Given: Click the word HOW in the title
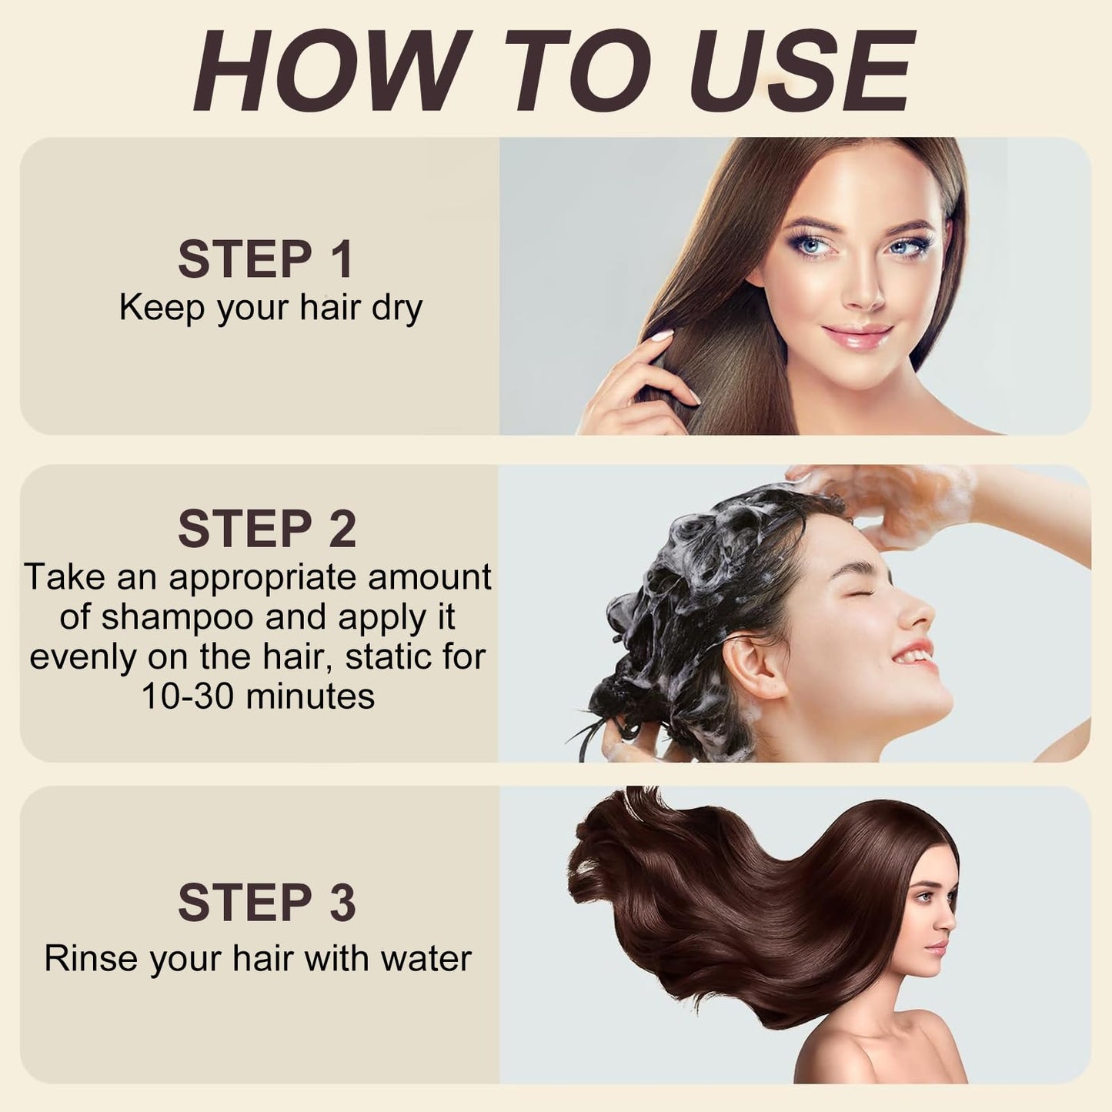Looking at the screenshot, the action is (329, 70).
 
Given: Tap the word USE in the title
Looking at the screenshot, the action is (803, 70).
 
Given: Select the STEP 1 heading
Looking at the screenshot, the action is (265, 259).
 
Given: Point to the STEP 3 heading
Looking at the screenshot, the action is (267, 902).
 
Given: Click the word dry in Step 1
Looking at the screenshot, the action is (397, 310).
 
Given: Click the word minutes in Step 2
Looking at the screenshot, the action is (310, 696).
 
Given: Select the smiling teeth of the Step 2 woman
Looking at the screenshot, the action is (915, 656).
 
